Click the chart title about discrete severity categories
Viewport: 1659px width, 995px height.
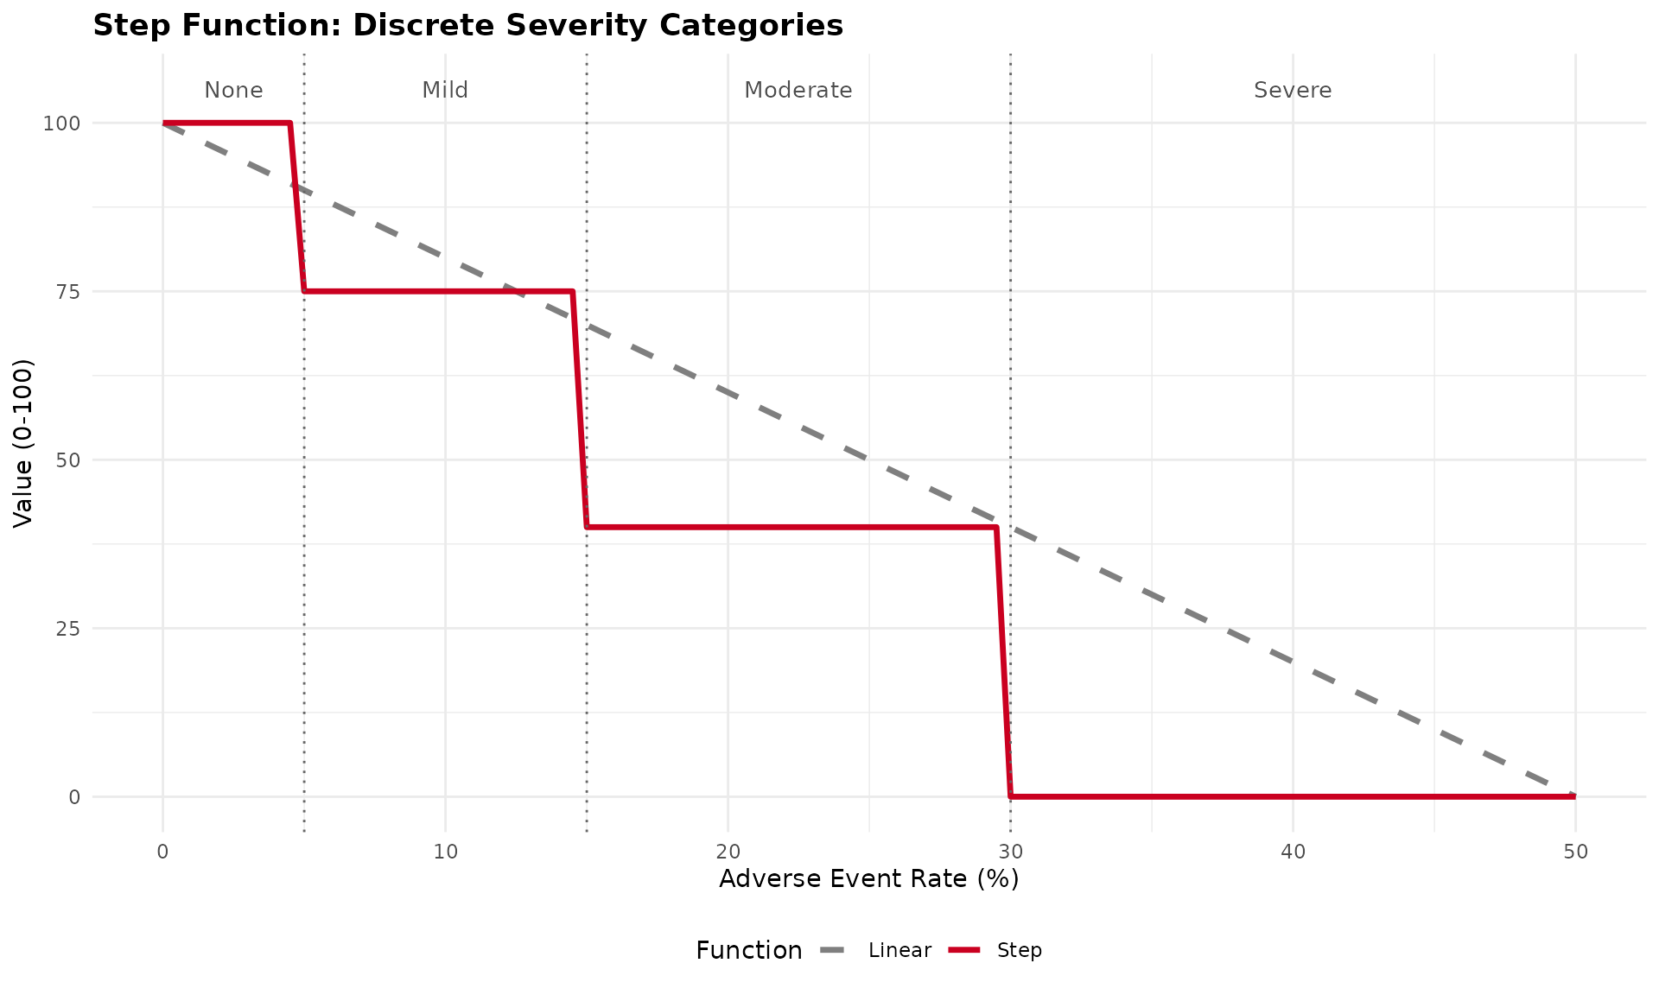(x=467, y=26)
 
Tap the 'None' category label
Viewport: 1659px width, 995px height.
(x=233, y=90)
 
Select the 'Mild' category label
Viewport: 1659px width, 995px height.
(x=445, y=90)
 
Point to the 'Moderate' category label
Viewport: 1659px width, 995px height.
(x=798, y=90)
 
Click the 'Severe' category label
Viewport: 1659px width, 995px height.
(x=1293, y=90)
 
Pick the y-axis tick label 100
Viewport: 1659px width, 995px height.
(x=61, y=124)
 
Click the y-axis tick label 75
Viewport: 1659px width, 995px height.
(x=67, y=292)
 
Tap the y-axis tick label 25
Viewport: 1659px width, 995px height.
(x=67, y=629)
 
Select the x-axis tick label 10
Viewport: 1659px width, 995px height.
(x=445, y=852)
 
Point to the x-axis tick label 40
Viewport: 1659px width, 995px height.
(x=1293, y=852)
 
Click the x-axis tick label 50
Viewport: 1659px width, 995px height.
(x=1575, y=852)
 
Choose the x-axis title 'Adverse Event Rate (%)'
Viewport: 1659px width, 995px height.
(x=868, y=879)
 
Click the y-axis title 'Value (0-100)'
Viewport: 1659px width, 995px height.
(x=23, y=442)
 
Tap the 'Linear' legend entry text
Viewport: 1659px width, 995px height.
(x=899, y=951)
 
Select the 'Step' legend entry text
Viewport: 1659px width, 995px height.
(x=1020, y=951)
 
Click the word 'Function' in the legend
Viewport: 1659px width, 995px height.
(x=748, y=951)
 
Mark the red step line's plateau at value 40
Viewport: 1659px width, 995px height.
(x=791, y=527)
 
